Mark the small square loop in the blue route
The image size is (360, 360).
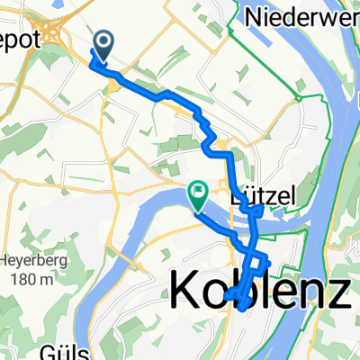click(258, 265)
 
